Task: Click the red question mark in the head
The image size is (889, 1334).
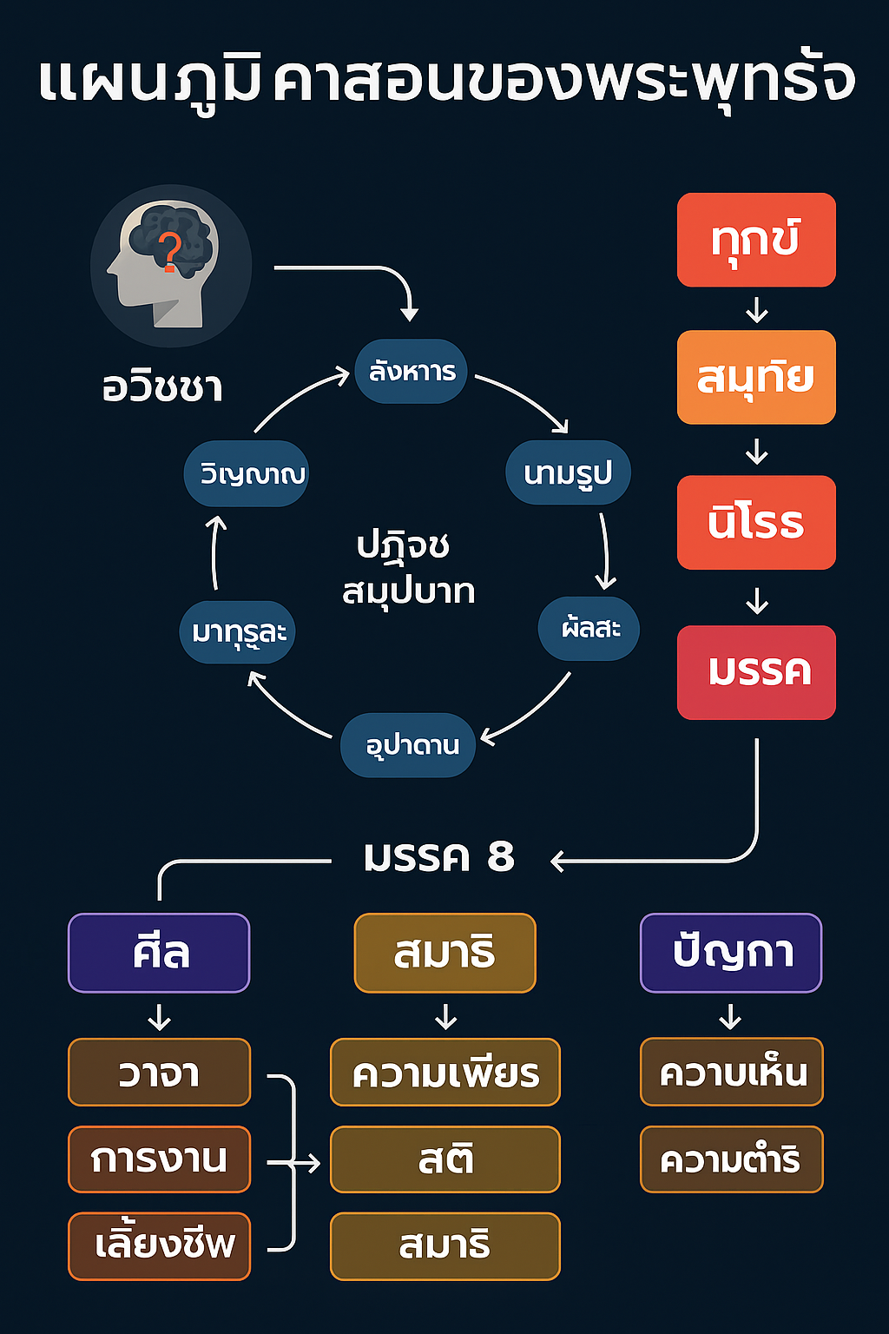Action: click(171, 252)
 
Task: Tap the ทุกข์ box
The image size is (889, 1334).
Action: click(756, 240)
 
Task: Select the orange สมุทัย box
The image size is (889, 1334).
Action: click(756, 377)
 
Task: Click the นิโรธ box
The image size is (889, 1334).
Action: click(756, 522)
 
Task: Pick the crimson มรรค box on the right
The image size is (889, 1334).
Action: click(756, 672)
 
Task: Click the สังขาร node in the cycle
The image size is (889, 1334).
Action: click(412, 372)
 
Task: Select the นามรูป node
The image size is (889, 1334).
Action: click(568, 473)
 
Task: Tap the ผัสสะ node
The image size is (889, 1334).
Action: click(589, 628)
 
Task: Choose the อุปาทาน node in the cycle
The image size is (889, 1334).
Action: click(408, 745)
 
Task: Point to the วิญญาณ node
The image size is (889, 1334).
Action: click(247, 474)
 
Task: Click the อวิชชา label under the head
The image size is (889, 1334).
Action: click(162, 386)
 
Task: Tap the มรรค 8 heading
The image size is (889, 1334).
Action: click(439, 857)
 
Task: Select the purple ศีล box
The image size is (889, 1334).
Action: click(159, 953)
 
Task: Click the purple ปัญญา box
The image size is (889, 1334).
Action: click(731, 953)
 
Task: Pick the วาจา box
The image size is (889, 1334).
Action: click(159, 1073)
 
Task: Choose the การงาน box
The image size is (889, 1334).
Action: click(159, 1159)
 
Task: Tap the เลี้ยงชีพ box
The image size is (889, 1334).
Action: click(159, 1245)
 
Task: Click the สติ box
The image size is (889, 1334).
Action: click(445, 1159)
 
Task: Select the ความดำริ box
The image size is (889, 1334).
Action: click(731, 1159)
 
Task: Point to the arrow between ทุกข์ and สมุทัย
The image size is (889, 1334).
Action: click(757, 309)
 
